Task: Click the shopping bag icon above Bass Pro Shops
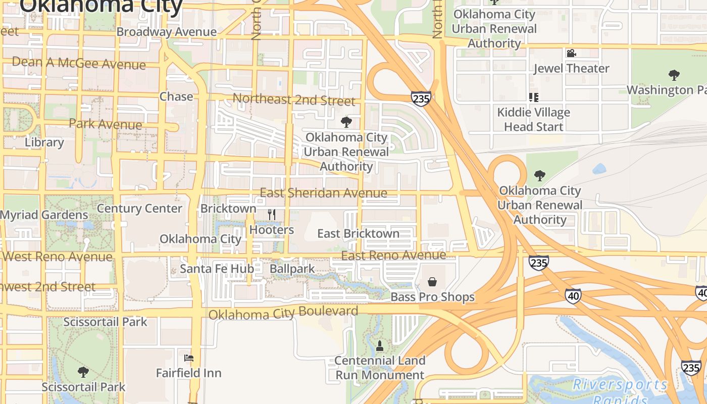coord(432,282)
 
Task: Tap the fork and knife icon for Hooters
coord(272,215)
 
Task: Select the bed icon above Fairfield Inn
coord(189,358)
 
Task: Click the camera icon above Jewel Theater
coord(571,53)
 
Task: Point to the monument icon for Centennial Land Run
coord(380,346)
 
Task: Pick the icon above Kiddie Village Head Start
coord(533,97)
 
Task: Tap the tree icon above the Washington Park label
coord(674,75)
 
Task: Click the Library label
coord(44,142)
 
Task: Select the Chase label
coord(176,96)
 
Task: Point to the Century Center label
coord(139,208)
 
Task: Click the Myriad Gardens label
coord(44,215)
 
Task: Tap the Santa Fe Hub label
coord(217,269)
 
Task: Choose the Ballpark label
coord(292,269)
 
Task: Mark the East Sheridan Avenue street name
coord(323,193)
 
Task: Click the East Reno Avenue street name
coord(393,256)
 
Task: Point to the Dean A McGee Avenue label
coord(79,63)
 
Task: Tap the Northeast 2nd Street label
coord(294,99)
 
